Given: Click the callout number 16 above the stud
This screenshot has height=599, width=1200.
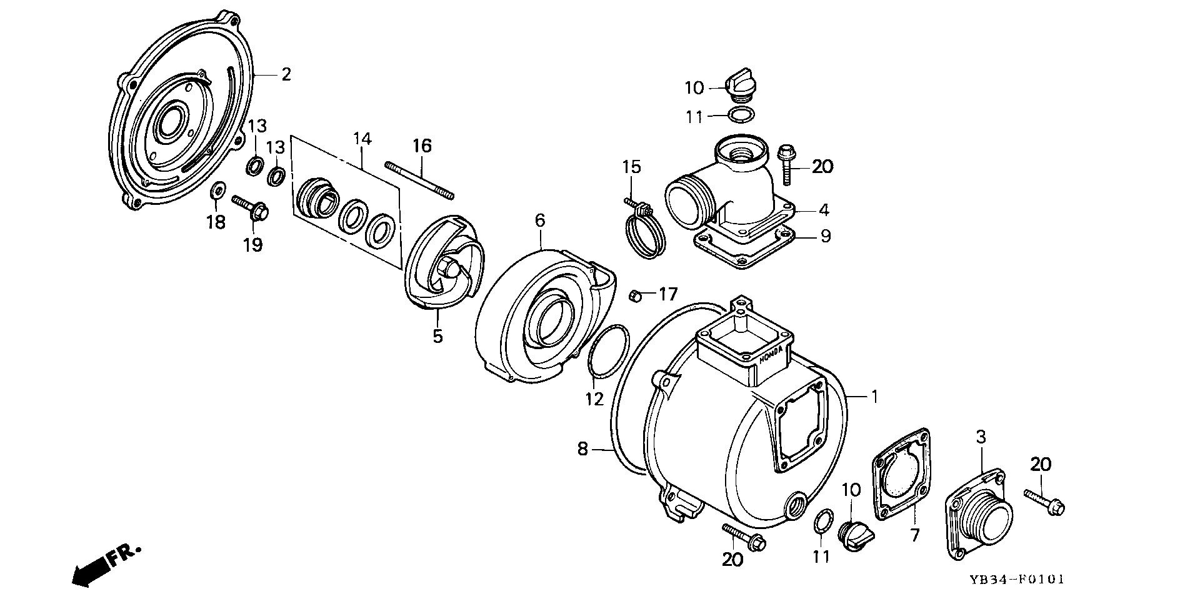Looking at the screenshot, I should pos(422,146).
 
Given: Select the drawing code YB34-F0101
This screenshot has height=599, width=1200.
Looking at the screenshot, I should pos(1016,580).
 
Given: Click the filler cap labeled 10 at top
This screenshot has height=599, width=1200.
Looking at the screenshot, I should pos(740,84).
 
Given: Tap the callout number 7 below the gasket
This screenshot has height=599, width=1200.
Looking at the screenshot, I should pos(915,534).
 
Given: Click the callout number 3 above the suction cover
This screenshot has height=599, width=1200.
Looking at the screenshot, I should pos(981,437).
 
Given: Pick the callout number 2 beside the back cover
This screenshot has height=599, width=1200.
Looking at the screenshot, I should pos(286,74).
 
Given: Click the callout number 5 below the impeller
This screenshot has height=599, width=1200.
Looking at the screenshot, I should pos(437,335).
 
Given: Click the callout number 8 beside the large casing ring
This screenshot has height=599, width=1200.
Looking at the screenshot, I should pos(582,448).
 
